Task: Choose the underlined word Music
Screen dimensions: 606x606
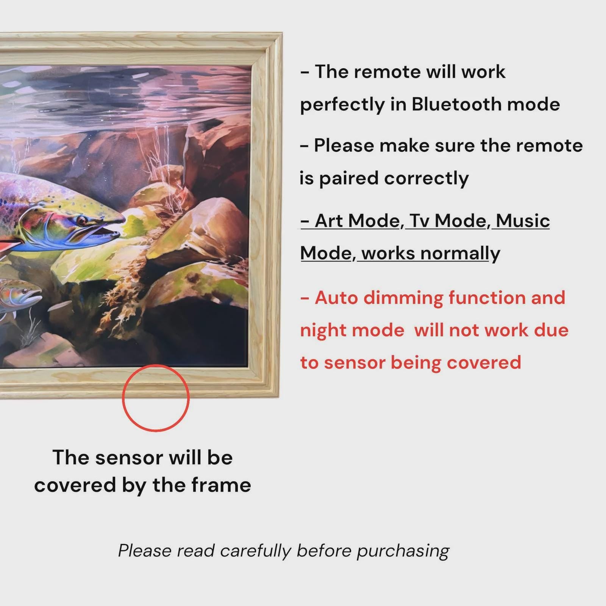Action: tap(523, 221)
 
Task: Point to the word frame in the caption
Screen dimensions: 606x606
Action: tap(221, 485)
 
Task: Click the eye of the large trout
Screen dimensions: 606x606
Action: tap(81, 220)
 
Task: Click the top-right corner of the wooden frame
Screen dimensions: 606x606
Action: tap(282, 33)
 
